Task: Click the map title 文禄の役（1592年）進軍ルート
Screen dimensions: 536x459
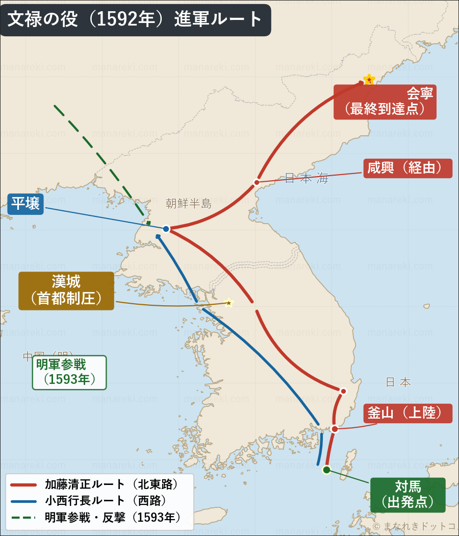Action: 135,19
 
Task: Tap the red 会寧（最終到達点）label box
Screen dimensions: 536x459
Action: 385,102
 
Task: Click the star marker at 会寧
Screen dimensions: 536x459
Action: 369,80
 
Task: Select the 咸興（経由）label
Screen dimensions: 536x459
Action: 408,168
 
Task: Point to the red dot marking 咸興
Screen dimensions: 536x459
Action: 257,182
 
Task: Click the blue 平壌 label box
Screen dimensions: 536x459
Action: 25,203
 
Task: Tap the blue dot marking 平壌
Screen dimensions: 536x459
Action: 166,229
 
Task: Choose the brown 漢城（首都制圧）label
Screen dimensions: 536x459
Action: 66,290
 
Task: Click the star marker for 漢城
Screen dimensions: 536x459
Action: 229,303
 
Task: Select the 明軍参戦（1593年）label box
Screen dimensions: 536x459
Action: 69,372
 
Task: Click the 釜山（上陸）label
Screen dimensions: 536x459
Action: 408,413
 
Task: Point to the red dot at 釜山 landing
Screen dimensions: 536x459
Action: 335,429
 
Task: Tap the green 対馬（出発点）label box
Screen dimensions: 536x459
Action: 407,494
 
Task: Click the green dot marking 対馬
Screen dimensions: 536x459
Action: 326,470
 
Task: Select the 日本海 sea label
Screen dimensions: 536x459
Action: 306,178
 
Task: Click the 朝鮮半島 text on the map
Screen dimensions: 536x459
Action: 188,204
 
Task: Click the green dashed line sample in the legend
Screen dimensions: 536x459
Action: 22,517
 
